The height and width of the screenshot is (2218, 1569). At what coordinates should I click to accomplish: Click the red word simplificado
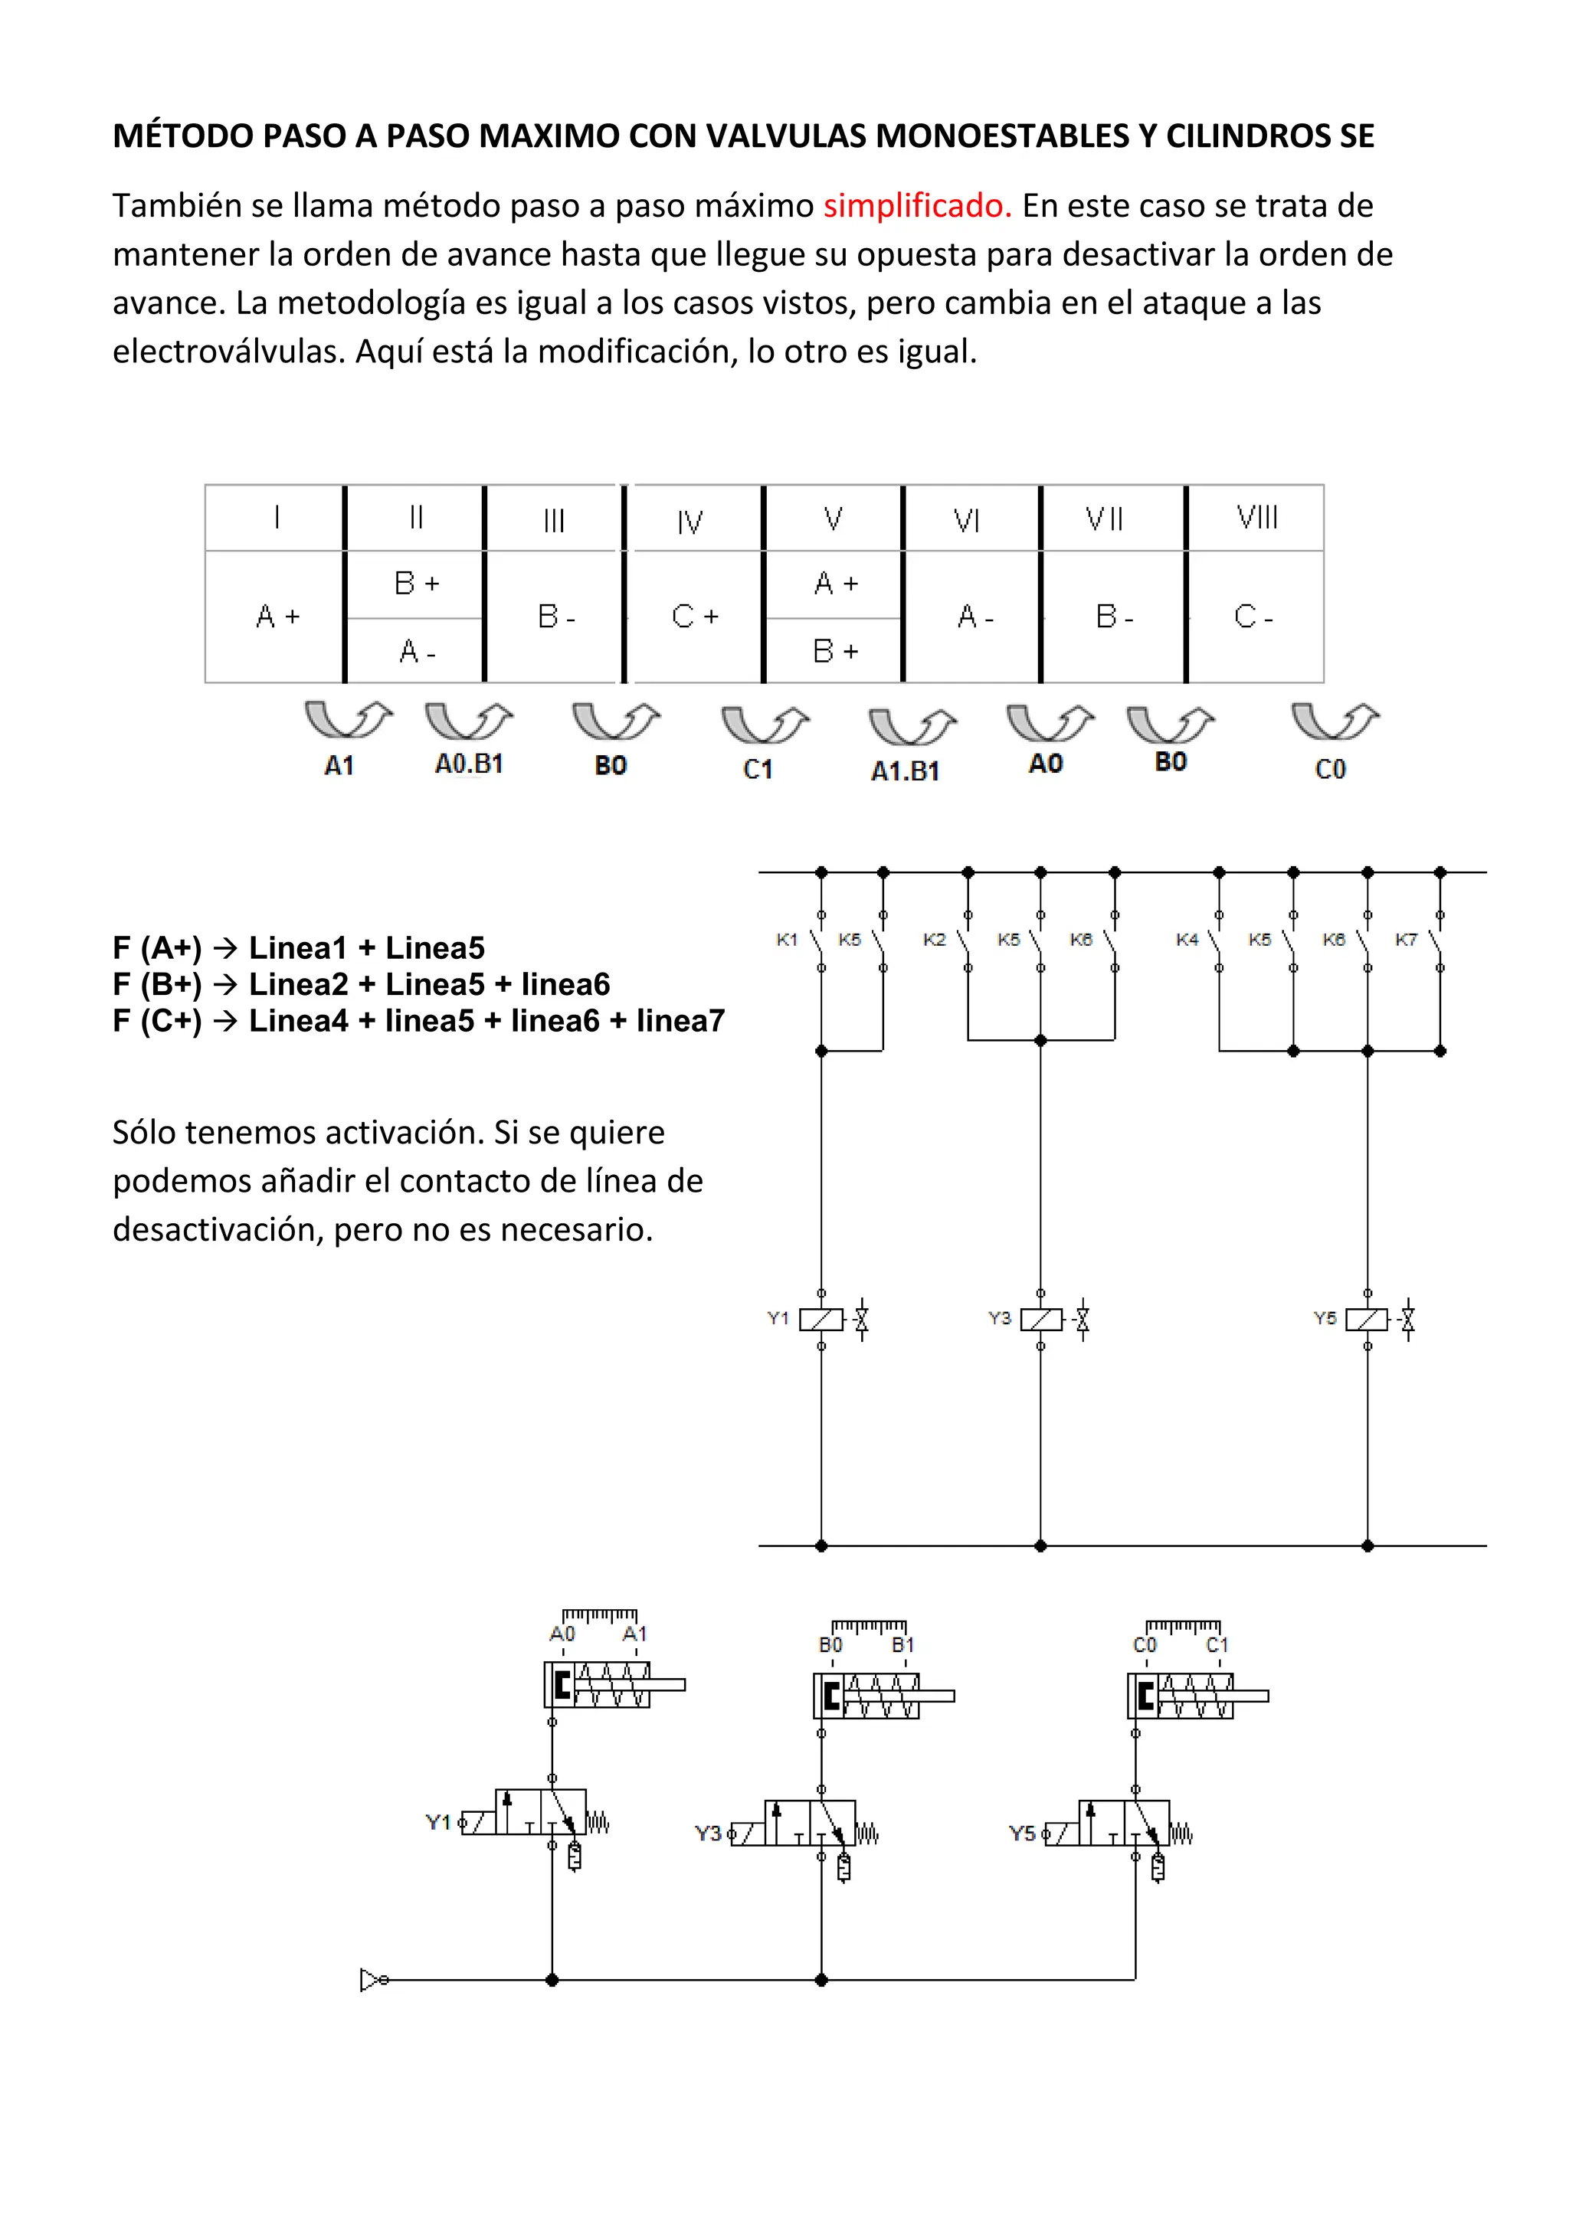click(x=916, y=206)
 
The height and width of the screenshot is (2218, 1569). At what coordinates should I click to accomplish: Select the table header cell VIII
click(x=1256, y=518)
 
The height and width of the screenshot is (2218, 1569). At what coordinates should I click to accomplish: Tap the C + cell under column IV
click(x=695, y=617)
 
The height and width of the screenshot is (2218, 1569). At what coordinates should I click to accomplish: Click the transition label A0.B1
click(x=469, y=764)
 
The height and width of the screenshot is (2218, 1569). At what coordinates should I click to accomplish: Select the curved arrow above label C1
click(x=765, y=725)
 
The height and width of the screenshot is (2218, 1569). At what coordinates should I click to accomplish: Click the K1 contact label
click(x=787, y=939)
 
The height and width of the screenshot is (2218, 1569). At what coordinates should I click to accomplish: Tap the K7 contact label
click(x=1405, y=939)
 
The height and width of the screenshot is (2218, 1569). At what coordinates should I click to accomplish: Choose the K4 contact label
click(x=1187, y=939)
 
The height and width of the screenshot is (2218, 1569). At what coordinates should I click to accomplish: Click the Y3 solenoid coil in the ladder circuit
click(x=1040, y=1320)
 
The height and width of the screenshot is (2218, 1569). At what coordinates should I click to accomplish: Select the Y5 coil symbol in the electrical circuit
click(x=1367, y=1320)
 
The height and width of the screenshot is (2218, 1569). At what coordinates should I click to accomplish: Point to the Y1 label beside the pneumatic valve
click(x=437, y=1822)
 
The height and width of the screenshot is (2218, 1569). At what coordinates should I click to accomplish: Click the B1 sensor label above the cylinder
click(x=902, y=1645)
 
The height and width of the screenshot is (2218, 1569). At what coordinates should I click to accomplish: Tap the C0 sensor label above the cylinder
click(x=1144, y=1645)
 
